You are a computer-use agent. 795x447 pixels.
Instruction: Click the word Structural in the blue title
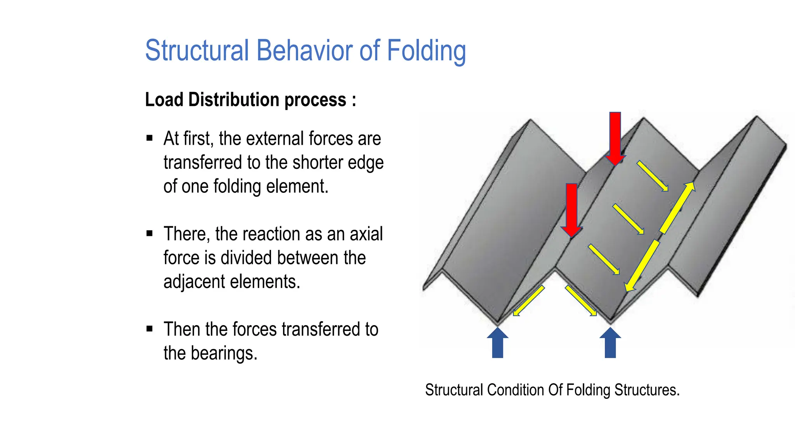point(196,50)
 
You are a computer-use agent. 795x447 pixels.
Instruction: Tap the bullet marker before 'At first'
point(149,138)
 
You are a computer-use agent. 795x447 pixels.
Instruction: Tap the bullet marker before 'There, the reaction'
point(149,233)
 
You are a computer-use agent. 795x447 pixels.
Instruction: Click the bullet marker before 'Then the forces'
point(149,329)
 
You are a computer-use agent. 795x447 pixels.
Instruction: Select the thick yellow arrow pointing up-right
point(677,208)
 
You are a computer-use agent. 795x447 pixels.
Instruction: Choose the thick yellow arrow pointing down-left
point(642,266)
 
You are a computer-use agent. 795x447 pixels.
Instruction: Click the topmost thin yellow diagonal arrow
point(652,176)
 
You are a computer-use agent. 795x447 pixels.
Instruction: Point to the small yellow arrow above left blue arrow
point(528,301)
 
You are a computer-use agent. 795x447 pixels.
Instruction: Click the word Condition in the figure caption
point(516,390)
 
